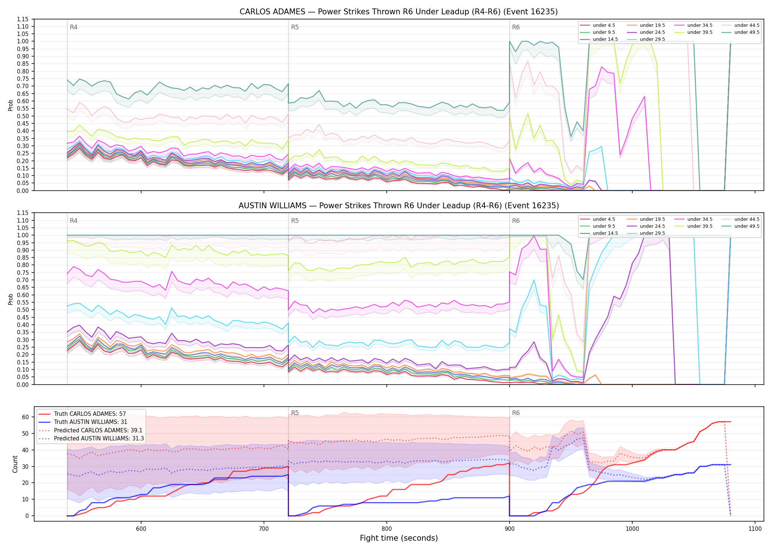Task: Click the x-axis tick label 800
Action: [x=387, y=529]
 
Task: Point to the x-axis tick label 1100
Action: [x=755, y=529]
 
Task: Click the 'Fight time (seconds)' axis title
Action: [x=399, y=538]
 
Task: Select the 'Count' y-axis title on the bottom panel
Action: [x=15, y=464]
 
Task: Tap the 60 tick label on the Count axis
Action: [x=25, y=417]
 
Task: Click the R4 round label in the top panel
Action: [x=74, y=27]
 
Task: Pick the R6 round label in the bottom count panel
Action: [x=516, y=413]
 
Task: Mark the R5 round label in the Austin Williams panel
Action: [x=295, y=221]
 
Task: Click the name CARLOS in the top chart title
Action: [x=254, y=12]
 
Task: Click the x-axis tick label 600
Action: [x=141, y=529]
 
